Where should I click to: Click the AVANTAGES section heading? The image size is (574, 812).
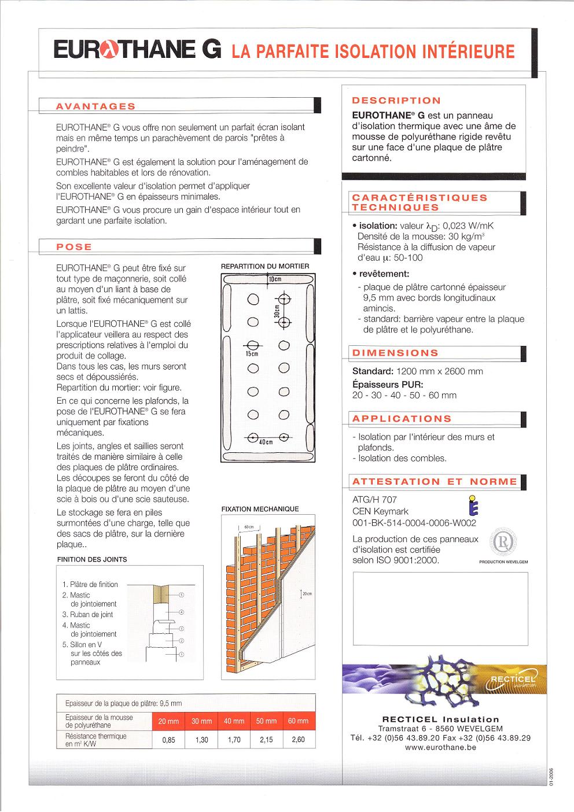(95, 106)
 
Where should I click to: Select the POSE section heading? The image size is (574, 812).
(74, 247)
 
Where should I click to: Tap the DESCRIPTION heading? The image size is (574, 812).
(396, 101)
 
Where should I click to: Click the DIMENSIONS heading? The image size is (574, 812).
(395, 353)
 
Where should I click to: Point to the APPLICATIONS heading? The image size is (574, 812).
(402, 419)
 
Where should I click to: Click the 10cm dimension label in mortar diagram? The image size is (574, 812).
(275, 279)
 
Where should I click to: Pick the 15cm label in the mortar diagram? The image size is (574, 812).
(252, 353)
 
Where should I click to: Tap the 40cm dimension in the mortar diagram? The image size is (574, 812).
(266, 442)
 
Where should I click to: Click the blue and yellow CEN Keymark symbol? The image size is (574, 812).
(473, 505)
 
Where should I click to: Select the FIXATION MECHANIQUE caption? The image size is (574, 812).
(260, 509)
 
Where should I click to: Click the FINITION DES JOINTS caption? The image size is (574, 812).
(92, 559)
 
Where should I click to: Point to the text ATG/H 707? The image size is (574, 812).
(374, 500)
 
